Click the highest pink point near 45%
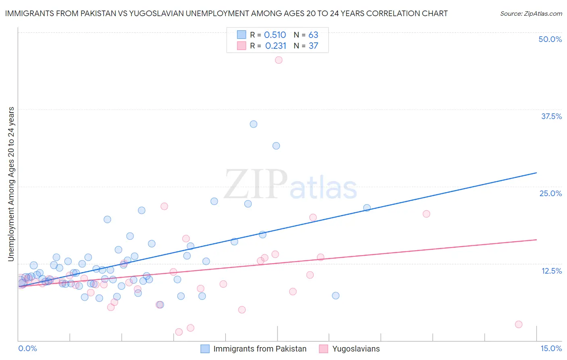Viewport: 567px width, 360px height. (278, 60)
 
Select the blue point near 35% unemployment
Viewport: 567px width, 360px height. (253, 124)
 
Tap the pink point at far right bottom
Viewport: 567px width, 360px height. (519, 324)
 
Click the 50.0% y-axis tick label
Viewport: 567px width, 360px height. (550, 39)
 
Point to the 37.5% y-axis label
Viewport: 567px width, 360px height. (551, 116)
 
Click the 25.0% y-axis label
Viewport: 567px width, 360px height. (550, 193)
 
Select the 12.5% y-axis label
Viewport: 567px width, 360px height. (551, 271)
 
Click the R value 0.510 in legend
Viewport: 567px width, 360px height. (275, 35)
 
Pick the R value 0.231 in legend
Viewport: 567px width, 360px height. (275, 46)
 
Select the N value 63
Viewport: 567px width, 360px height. (313, 35)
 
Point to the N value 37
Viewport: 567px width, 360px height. (313, 46)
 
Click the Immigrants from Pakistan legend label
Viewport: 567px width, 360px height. (260, 349)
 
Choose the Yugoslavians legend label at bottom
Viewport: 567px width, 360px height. (356, 349)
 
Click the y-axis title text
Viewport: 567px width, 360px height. (11, 184)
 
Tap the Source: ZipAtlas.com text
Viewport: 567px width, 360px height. (531, 14)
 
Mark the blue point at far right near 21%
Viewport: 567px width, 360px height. (367, 208)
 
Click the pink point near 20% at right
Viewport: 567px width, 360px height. (426, 214)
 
